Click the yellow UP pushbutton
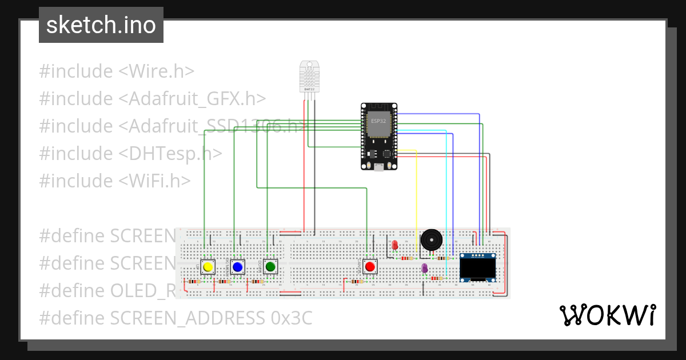[x=208, y=267]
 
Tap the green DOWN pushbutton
[x=270, y=267]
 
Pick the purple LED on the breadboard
[x=424, y=268]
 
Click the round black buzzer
[x=432, y=240]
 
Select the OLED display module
[x=478, y=267]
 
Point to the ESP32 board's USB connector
[x=378, y=167]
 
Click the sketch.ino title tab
[x=101, y=25]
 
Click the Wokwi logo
[x=607, y=315]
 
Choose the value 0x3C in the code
[x=292, y=318]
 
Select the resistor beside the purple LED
[x=437, y=278]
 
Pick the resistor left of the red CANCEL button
[x=356, y=281]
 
